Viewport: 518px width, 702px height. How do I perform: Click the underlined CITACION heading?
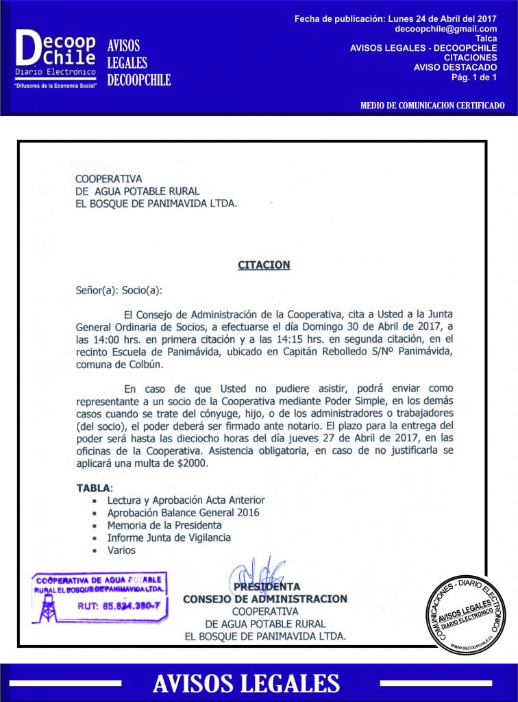pos(264,265)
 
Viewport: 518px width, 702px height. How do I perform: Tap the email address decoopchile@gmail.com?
pos(446,29)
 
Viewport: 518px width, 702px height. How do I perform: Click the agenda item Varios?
pos(121,550)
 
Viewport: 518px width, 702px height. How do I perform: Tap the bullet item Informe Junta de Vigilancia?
pos(169,537)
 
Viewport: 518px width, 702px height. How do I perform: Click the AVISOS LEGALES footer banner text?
pos(246,683)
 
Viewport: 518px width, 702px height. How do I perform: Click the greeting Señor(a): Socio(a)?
pos(120,291)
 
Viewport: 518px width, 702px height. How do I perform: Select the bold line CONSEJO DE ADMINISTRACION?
pos(265,598)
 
